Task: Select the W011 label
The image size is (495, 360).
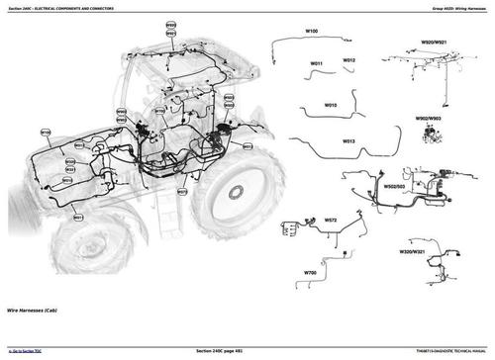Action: pos(317,65)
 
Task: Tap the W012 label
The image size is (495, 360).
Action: pos(349,60)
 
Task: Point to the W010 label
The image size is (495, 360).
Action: pos(330,105)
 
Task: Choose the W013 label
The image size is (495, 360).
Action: pos(349,142)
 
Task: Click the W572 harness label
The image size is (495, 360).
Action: pos(330,221)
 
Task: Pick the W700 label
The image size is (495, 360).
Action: pos(310,272)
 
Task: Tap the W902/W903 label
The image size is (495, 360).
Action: pos(429,117)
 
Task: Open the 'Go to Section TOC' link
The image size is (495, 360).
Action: pos(31,350)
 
